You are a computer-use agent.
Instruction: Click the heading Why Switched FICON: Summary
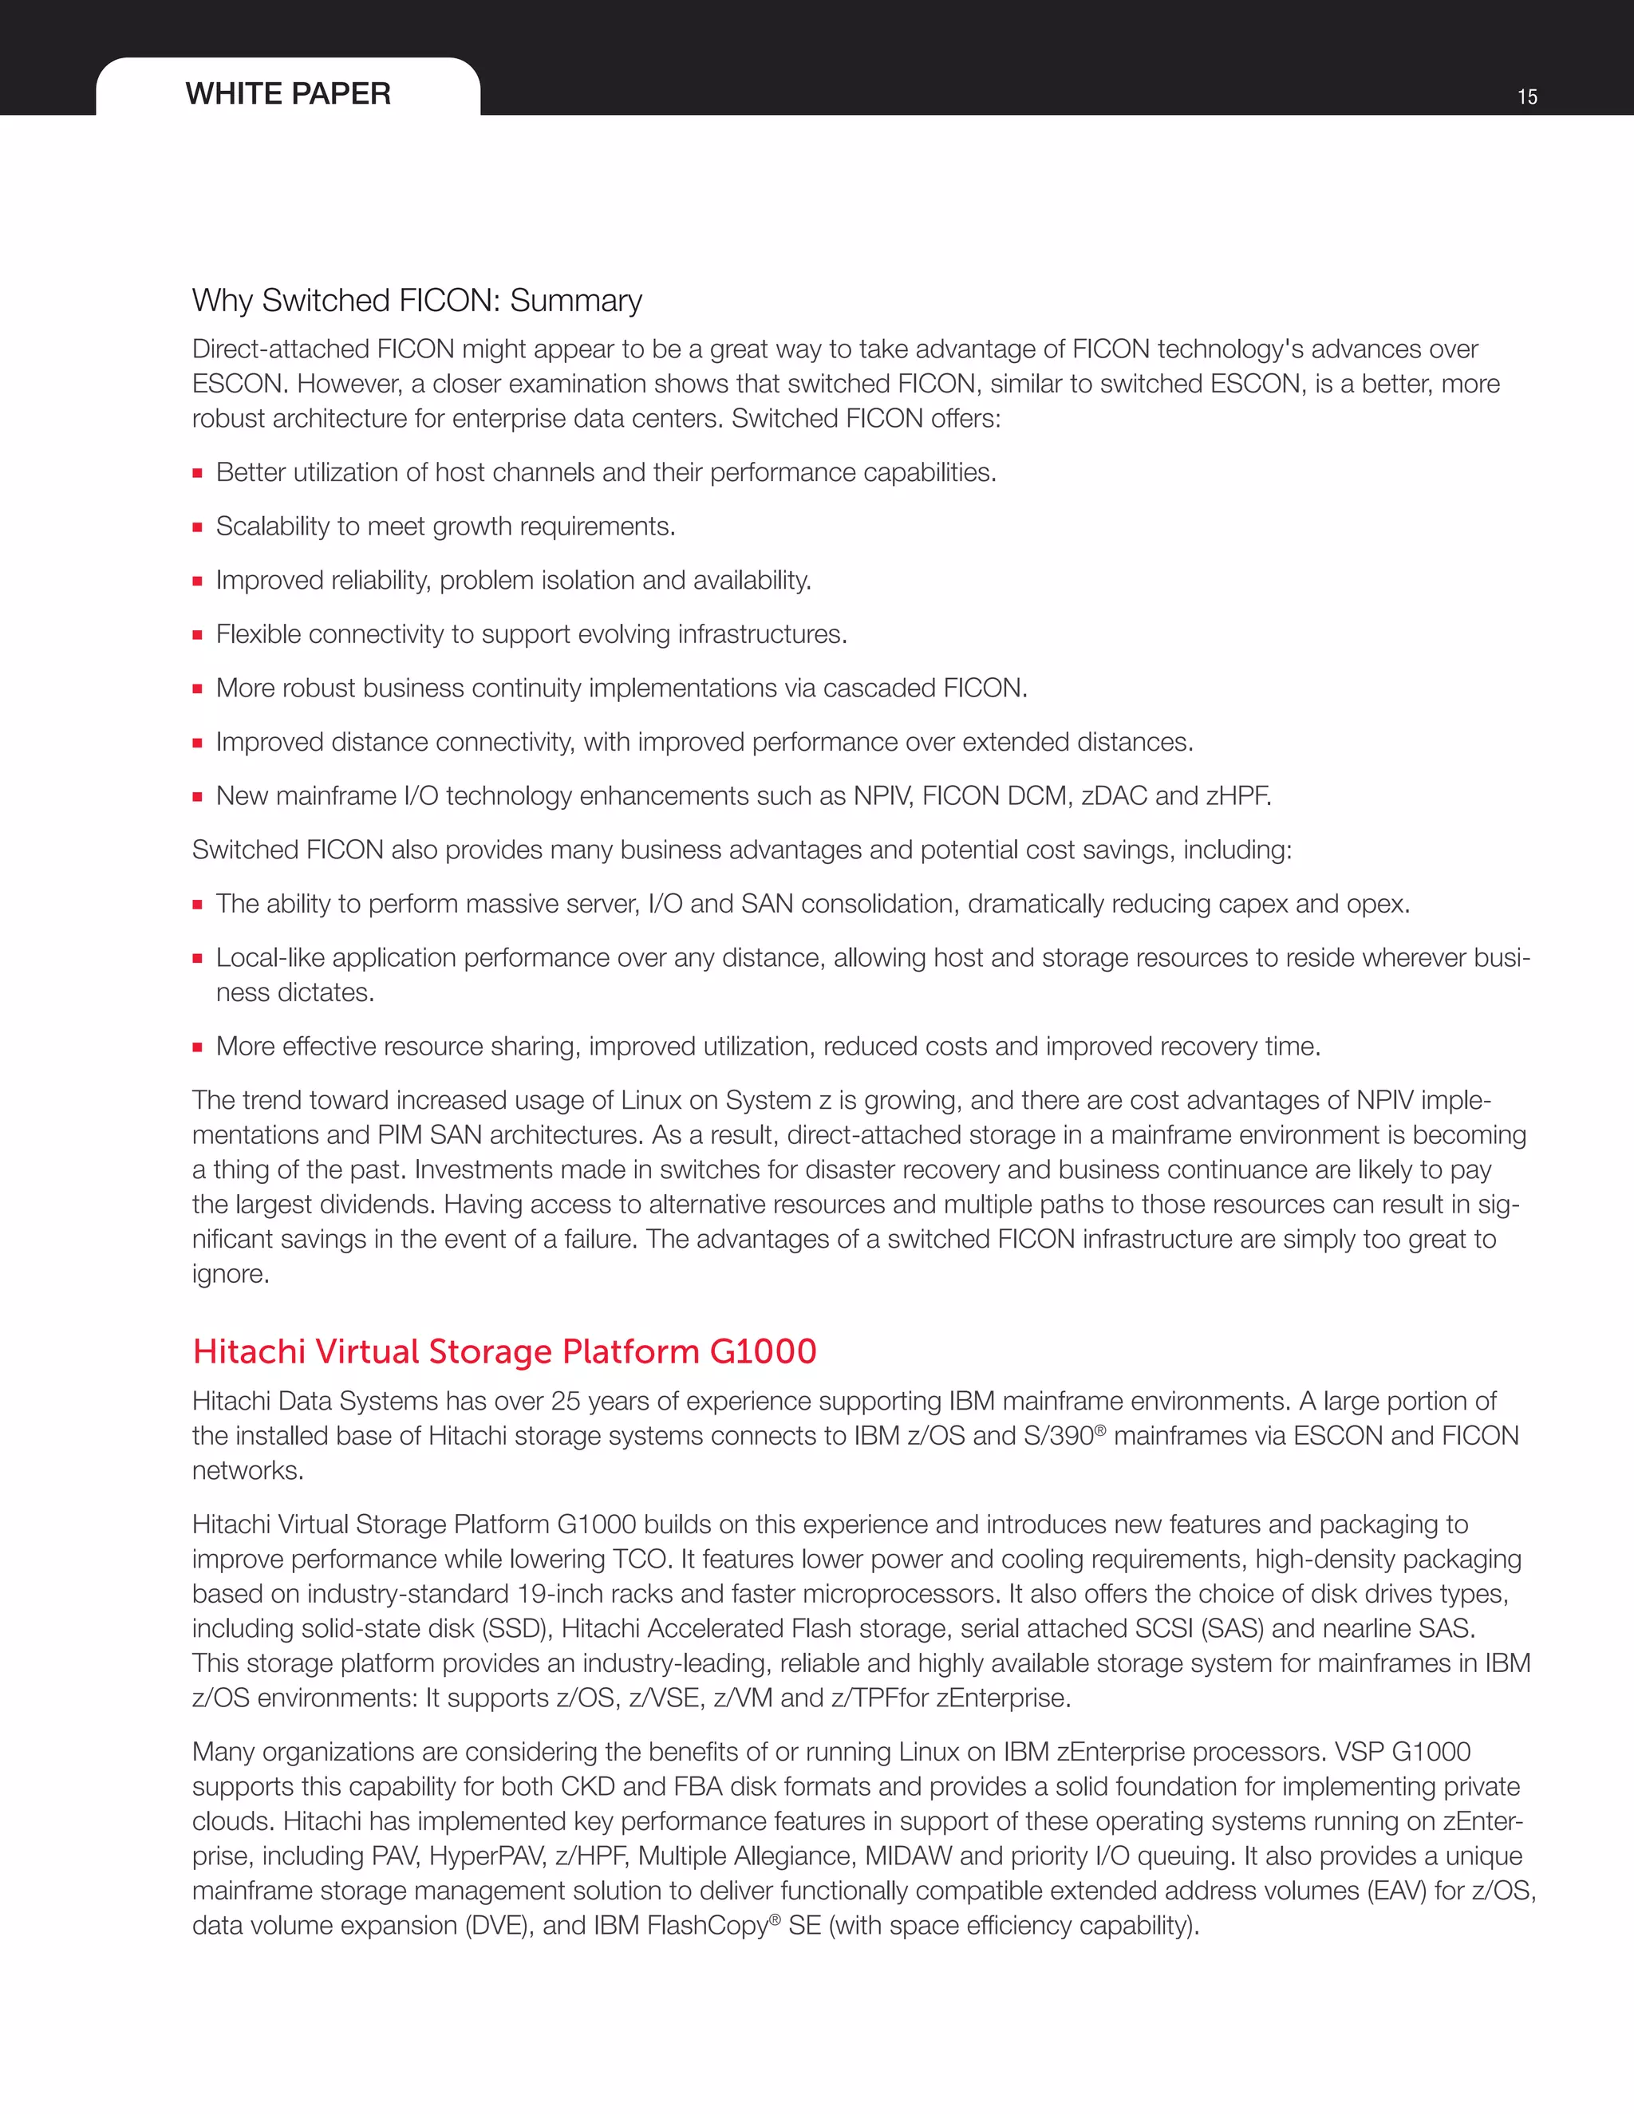pyautogui.click(x=416, y=300)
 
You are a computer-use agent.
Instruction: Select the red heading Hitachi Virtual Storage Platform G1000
pyautogui.click(x=504, y=1351)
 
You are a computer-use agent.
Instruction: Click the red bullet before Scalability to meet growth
pyautogui.click(x=198, y=527)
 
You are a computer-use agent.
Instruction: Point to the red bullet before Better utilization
pyautogui.click(x=198, y=473)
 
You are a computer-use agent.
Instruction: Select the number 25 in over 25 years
pyautogui.click(x=566, y=1401)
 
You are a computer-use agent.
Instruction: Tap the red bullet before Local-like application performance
pyautogui.click(x=198, y=959)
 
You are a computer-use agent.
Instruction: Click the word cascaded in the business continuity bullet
pyautogui.click(x=879, y=688)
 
